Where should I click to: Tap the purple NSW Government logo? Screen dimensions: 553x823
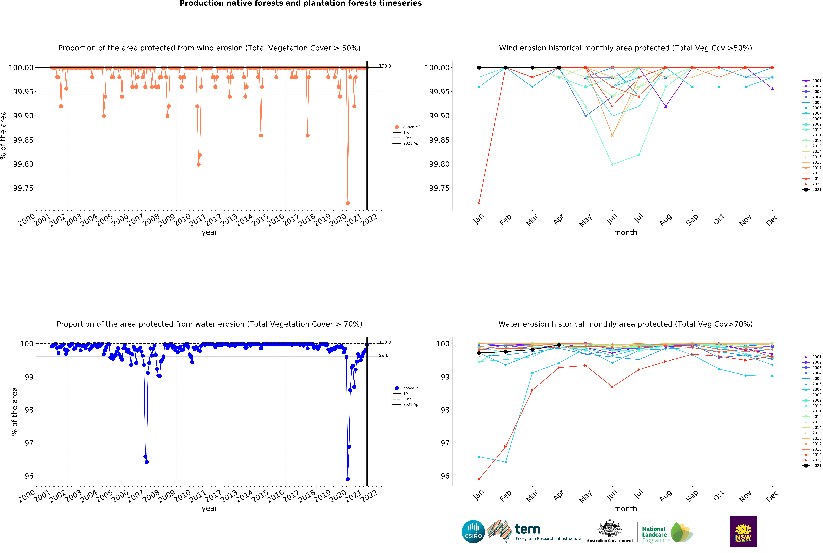pyautogui.click(x=743, y=531)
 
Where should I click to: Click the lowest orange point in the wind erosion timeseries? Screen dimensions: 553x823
pyautogui.click(x=348, y=203)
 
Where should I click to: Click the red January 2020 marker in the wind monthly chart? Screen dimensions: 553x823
pyautogui.click(x=479, y=203)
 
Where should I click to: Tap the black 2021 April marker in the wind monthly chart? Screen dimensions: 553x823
pyautogui.click(x=559, y=67)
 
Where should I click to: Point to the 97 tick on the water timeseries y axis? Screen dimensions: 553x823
pyautogui.click(x=29, y=443)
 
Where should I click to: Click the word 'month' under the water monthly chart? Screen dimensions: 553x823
pyautogui.click(x=625, y=509)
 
